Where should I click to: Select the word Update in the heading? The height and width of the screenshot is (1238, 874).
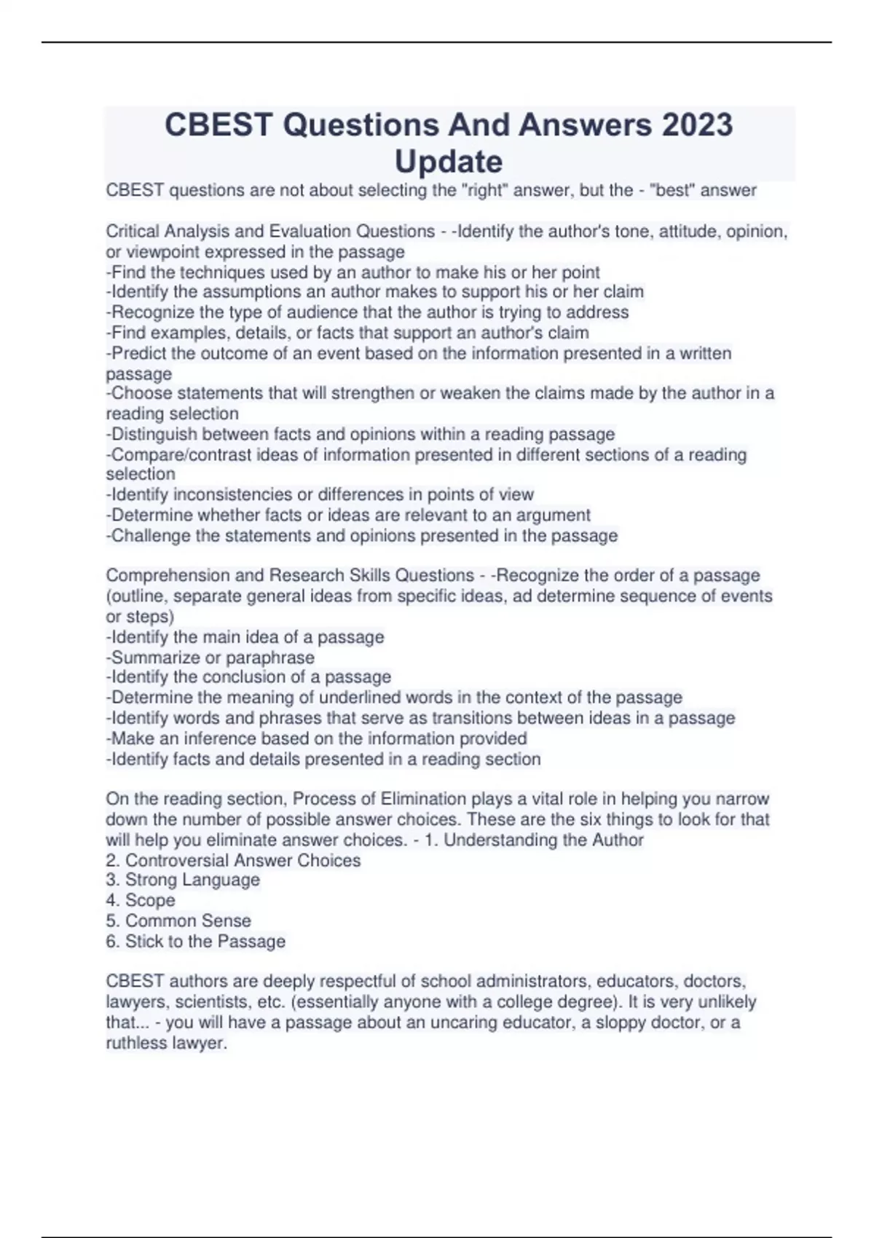tap(448, 161)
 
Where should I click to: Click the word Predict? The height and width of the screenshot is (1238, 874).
tap(137, 353)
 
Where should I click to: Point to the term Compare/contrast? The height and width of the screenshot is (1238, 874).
tap(176, 455)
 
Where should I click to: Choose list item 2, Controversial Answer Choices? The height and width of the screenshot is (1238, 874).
tap(233, 861)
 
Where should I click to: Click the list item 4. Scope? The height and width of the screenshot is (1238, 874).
tap(141, 901)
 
